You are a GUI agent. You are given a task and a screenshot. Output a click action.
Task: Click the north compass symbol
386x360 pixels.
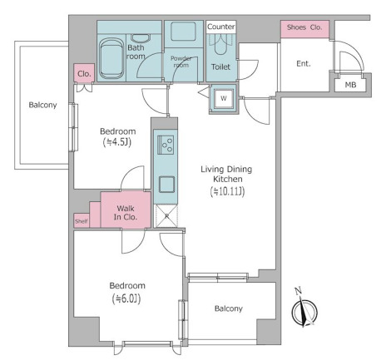304,311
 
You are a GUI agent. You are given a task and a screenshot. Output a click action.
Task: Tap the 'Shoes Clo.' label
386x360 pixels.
304,27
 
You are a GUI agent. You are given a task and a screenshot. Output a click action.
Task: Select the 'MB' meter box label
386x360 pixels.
350,85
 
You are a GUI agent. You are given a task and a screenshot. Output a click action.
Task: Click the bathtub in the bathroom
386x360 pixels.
111,58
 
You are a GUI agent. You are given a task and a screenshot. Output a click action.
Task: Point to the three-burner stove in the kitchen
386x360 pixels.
166,145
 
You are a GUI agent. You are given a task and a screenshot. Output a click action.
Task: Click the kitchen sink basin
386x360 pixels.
166,185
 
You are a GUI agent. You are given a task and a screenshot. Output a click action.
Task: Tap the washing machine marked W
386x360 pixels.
224,98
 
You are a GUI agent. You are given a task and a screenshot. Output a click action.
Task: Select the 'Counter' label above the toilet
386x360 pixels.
221,27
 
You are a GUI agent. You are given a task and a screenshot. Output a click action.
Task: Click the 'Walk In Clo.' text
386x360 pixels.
126,213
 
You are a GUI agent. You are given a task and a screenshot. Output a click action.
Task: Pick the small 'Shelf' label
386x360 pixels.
82,221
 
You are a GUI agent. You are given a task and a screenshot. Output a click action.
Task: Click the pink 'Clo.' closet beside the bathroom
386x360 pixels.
84,73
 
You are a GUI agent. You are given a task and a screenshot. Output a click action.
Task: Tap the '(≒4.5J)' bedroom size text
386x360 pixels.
116,142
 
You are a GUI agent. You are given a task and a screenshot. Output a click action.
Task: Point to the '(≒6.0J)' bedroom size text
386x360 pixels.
126,298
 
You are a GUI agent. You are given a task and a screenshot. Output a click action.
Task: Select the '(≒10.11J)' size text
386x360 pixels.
227,191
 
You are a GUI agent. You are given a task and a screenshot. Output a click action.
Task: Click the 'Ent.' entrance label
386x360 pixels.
304,64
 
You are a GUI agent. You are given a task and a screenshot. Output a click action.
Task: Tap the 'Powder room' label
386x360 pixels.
181,62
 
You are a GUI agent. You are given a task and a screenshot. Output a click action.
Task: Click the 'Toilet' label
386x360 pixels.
220,67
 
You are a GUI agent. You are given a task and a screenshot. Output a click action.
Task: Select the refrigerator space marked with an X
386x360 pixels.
166,216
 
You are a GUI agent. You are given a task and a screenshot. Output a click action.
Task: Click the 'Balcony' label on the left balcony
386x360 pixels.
42,105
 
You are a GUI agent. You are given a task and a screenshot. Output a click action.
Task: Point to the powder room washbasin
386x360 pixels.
183,32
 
